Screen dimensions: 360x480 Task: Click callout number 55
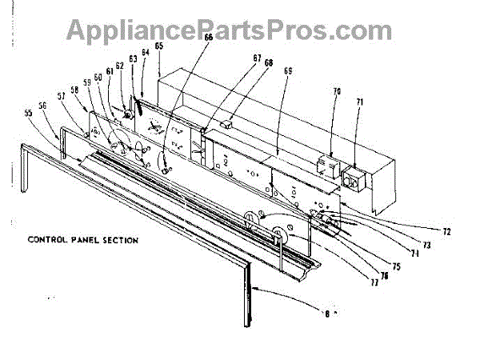tap(30, 114)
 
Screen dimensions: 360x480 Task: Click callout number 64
tap(145, 54)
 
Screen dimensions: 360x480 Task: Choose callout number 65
tap(159, 46)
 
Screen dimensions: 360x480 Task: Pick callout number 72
tap(446, 231)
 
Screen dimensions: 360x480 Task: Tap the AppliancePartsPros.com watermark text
tap(240, 30)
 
